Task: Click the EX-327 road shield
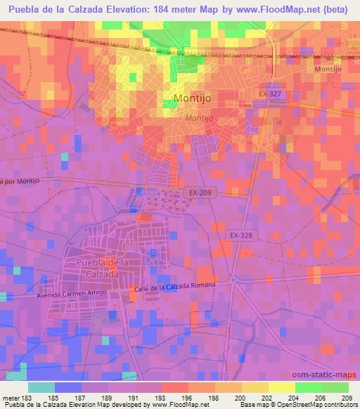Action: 269,93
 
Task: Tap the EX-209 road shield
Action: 198,192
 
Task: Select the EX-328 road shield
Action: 240,236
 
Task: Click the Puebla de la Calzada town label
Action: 101,268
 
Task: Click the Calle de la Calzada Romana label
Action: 182,287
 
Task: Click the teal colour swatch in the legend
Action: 41,387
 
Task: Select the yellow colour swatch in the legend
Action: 281,387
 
